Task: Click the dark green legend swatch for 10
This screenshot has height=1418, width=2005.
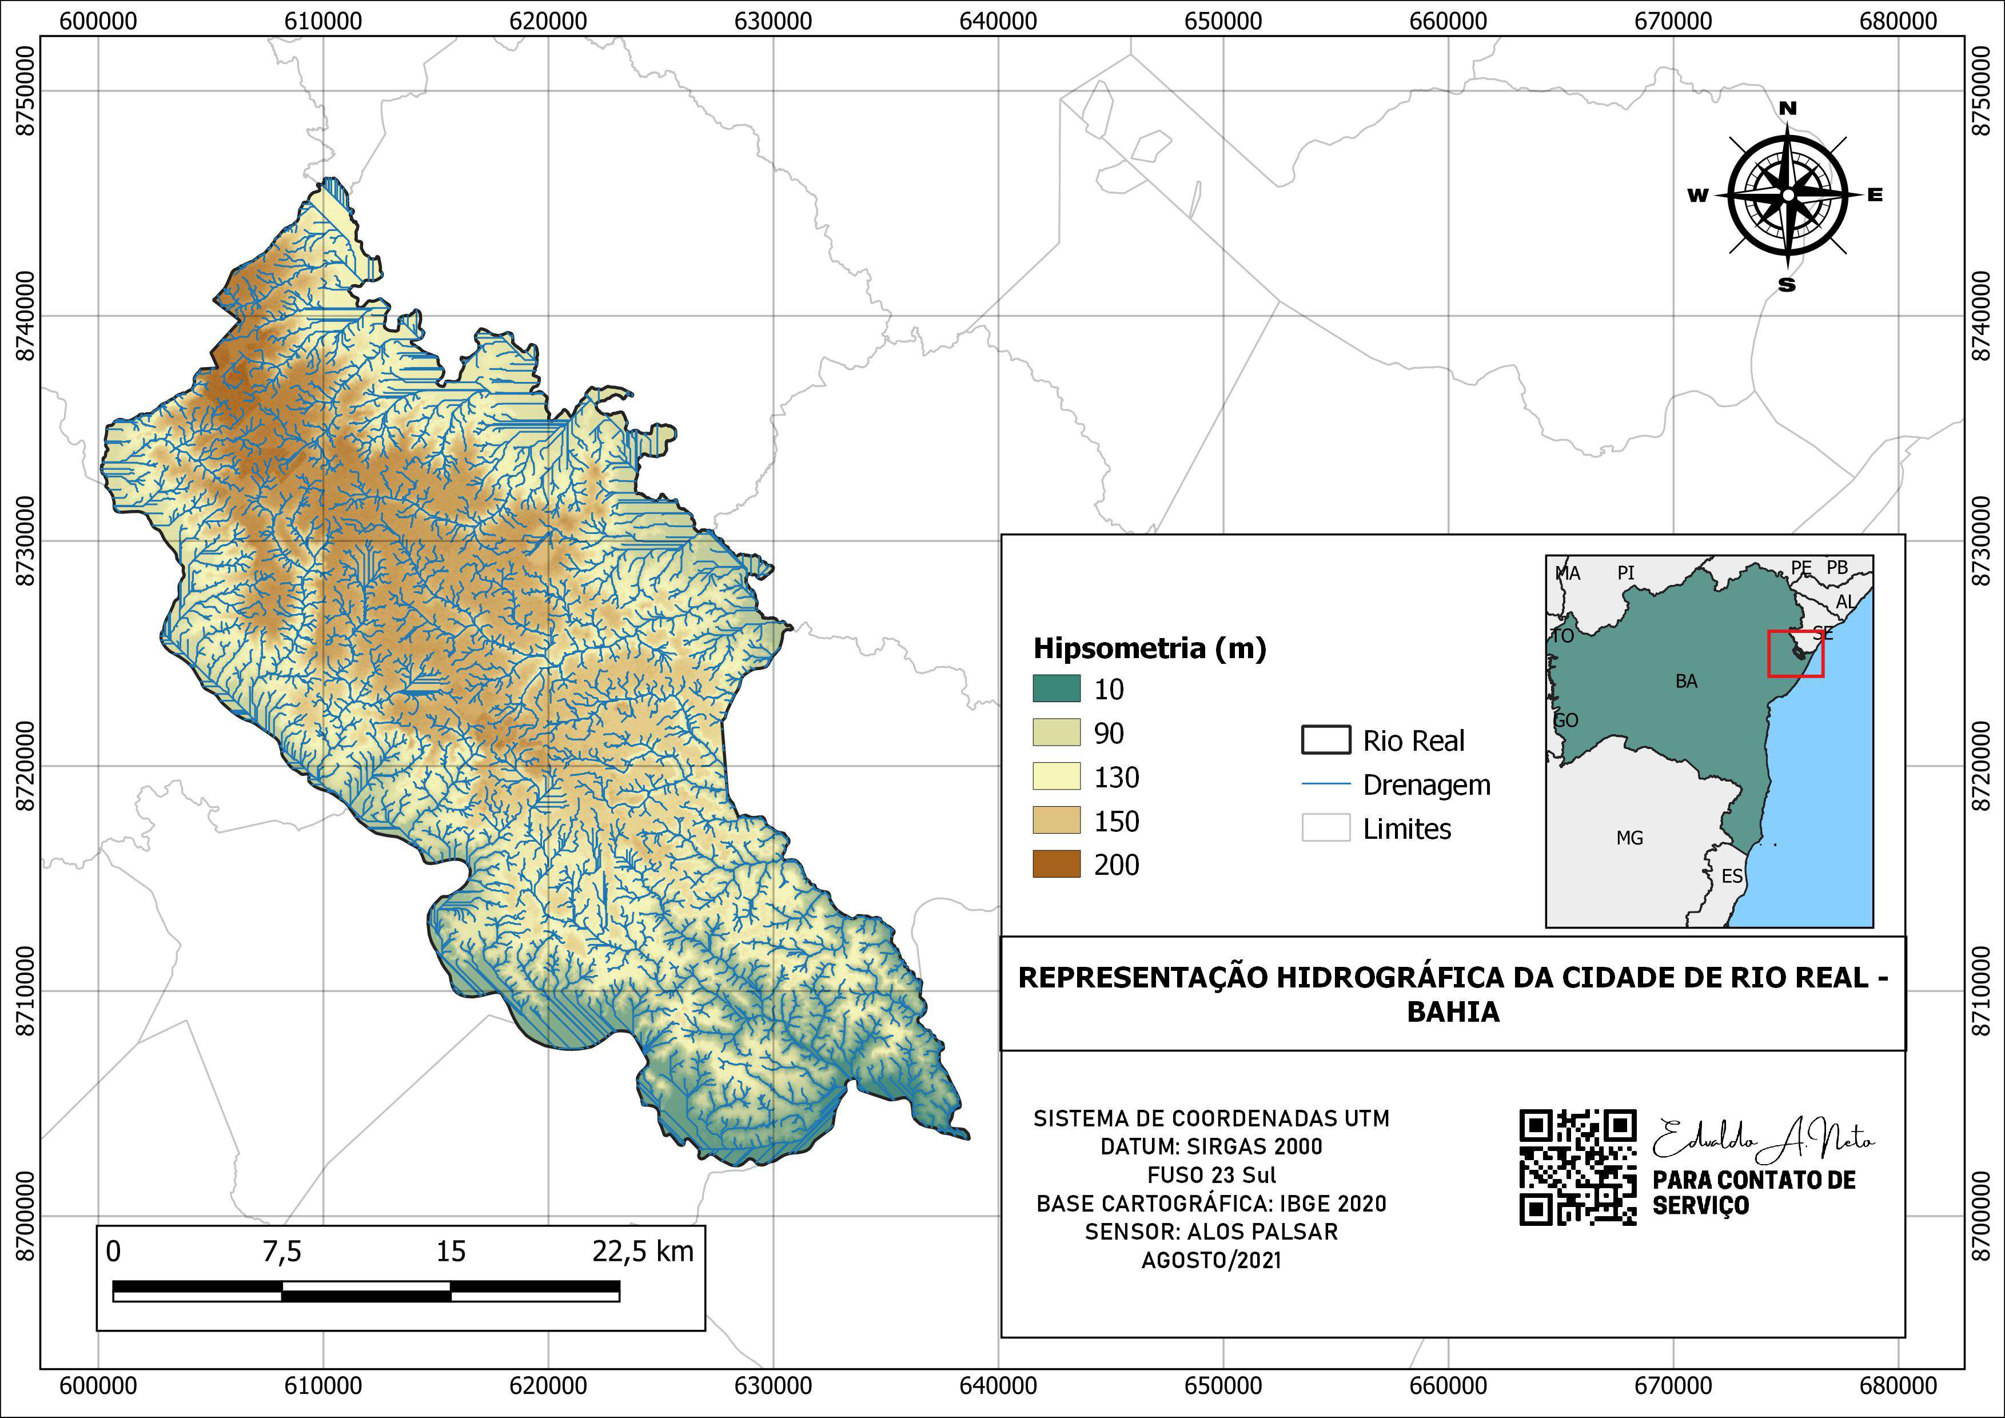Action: [x=1057, y=689]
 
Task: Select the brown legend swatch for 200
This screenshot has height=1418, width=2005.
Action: [x=1057, y=865]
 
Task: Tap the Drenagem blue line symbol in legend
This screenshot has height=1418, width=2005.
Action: [x=1326, y=784]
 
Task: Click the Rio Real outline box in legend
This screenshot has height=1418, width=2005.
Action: [x=1326, y=739]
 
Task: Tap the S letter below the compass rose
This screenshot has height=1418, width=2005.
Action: [x=1787, y=285]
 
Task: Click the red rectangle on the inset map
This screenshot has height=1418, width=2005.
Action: [x=1795, y=653]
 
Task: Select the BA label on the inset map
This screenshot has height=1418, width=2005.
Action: [x=1686, y=681]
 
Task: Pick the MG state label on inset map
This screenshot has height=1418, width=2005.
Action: [x=1629, y=838]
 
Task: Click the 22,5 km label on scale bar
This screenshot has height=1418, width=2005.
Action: [x=643, y=1251]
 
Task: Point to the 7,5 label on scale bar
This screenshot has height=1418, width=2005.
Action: [x=282, y=1251]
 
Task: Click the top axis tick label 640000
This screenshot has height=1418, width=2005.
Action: [x=998, y=20]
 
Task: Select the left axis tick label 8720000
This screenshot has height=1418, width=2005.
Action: [x=25, y=766]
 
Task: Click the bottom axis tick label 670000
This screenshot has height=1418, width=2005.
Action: [x=1673, y=1385]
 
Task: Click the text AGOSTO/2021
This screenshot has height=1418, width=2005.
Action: [x=1211, y=1260]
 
